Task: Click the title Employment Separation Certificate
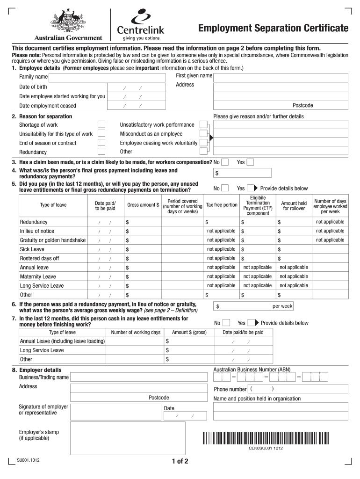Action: click(x=273, y=29)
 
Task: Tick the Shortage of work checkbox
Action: click(x=101, y=124)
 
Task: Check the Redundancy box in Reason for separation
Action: click(x=101, y=152)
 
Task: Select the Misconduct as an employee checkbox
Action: click(x=203, y=134)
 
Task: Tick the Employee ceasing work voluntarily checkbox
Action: click(x=203, y=143)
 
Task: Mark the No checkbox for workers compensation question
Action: click(x=225, y=162)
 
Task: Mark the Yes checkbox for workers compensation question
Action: click(x=250, y=162)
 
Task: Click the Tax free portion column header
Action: click(x=222, y=205)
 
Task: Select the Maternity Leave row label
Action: click(x=38, y=276)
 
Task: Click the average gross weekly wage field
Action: click(x=253, y=306)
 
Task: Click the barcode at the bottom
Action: click(x=266, y=438)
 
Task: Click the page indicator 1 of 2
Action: click(x=180, y=462)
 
